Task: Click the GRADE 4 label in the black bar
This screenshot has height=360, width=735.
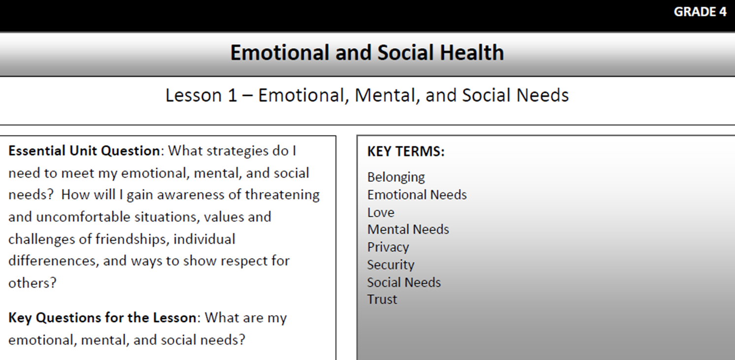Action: (700, 12)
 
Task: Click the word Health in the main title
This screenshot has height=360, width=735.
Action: (472, 53)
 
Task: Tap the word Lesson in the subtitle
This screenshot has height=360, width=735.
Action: (194, 96)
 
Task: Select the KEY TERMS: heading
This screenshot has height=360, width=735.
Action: (406, 151)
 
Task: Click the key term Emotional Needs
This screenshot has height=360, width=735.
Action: (417, 195)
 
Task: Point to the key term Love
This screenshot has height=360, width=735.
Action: (381, 212)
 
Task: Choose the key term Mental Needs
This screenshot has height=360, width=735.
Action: (408, 229)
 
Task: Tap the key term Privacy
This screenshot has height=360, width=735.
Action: (388, 247)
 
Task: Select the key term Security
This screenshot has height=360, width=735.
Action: (391, 265)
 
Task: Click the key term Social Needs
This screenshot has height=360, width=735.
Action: (404, 282)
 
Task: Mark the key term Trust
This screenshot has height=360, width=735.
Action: (382, 299)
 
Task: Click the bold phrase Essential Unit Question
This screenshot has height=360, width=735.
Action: (84, 151)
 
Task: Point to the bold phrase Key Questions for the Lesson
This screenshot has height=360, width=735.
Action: (102, 318)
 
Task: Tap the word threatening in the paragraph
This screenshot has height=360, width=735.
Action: (282, 195)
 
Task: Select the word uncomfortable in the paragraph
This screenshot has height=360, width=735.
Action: (83, 217)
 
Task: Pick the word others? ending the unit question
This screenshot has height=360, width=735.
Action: (33, 283)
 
